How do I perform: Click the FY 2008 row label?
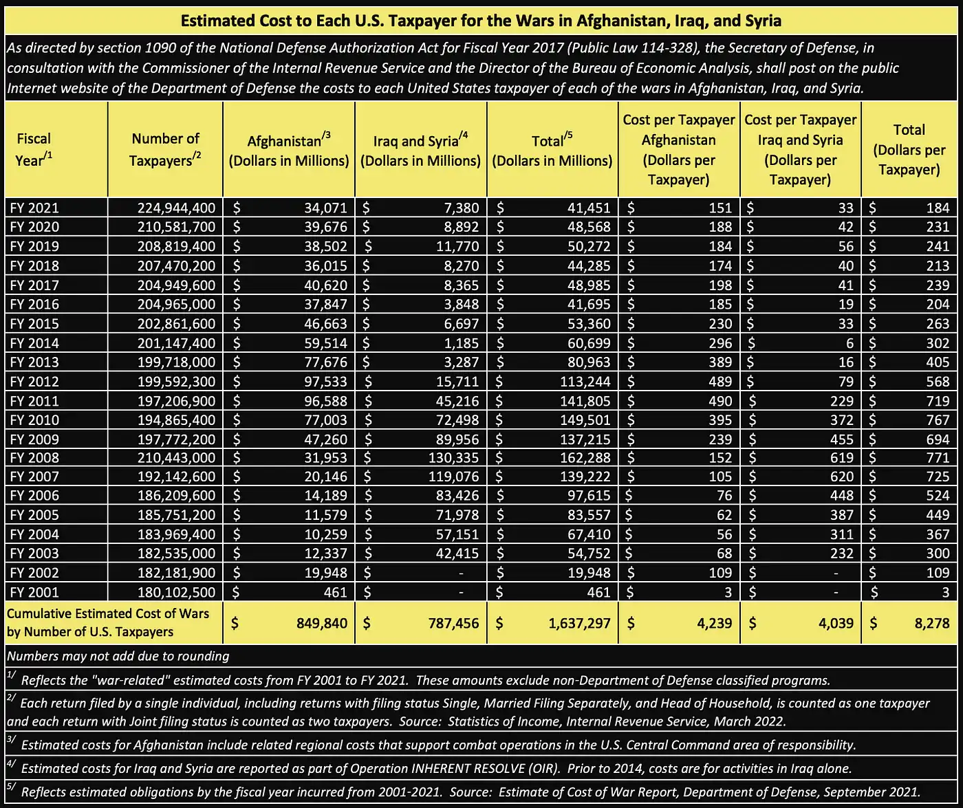[34, 457]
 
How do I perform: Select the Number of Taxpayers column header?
[165, 149]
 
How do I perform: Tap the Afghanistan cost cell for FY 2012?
[326, 382]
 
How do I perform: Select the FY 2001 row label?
[34, 591]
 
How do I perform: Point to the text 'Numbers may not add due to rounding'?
[117, 655]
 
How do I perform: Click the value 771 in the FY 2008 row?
[938, 457]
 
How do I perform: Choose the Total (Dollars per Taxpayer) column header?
[909, 149]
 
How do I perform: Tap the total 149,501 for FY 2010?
[584, 420]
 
